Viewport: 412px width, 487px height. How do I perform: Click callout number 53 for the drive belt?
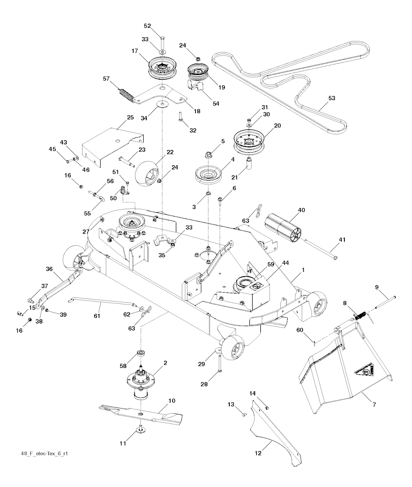(x=332, y=98)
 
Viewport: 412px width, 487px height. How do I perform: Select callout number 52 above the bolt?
(x=147, y=26)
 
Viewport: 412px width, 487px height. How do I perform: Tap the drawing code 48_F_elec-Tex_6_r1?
(x=47, y=454)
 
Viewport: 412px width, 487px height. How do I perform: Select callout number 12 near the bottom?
(x=258, y=453)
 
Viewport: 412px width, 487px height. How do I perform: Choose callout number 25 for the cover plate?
(x=130, y=117)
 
